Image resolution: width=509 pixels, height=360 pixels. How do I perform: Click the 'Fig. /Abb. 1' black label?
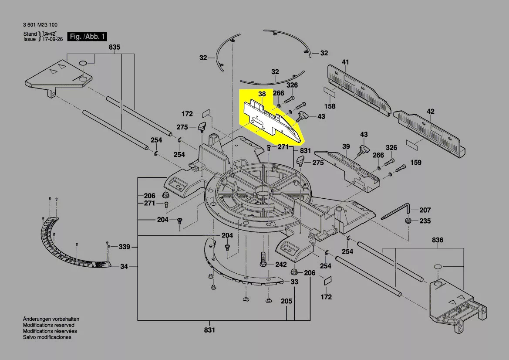87,37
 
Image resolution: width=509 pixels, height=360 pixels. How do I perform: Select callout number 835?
115,47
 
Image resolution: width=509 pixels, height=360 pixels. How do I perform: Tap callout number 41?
345,62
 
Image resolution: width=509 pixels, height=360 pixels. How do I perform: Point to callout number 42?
430,112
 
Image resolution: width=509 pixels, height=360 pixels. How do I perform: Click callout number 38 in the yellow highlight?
262,94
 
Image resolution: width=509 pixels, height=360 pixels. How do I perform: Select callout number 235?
425,221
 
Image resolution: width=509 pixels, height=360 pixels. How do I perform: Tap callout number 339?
124,247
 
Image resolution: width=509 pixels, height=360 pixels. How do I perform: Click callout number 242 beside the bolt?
281,265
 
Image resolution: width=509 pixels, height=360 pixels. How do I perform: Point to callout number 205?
286,301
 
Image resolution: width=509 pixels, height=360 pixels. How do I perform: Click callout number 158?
330,106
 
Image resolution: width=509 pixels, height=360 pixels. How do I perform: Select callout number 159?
416,163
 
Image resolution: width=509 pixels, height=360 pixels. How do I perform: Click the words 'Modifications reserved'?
48,325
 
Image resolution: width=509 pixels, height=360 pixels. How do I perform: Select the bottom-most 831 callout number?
209,330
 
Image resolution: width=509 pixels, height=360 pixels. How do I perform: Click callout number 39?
346,147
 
